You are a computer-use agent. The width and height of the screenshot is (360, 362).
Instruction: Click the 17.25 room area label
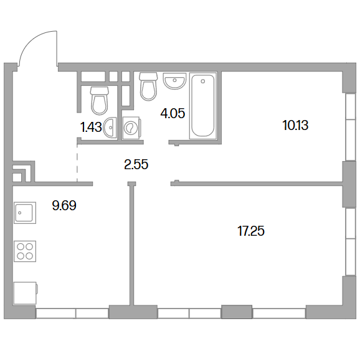click(251, 231)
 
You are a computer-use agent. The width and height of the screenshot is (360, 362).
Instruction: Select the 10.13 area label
click(295, 126)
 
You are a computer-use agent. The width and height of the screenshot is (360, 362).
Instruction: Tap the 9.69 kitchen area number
click(64, 205)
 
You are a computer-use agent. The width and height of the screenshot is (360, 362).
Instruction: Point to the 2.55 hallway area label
click(136, 165)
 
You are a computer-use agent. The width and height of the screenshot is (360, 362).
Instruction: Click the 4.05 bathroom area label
click(173, 114)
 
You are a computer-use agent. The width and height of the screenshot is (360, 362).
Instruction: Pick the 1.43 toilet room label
click(91, 128)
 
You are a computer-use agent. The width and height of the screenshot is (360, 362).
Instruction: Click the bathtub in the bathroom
click(203, 106)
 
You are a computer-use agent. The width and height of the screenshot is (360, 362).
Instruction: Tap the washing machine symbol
click(131, 128)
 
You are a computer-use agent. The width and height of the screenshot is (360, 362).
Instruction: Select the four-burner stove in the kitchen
click(25, 251)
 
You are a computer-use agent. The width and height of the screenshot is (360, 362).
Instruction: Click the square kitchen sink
click(25, 213)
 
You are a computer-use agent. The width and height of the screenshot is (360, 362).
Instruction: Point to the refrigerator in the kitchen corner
click(26, 293)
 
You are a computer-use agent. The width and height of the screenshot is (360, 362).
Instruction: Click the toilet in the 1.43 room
click(100, 101)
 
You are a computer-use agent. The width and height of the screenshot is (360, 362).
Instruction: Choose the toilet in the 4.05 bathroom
click(148, 86)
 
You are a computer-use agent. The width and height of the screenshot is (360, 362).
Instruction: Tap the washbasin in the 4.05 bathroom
click(174, 81)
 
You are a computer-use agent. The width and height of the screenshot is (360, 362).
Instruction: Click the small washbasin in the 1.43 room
click(110, 128)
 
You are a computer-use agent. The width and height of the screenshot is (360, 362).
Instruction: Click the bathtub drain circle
click(203, 81)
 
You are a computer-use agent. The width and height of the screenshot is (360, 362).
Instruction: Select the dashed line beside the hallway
click(77, 163)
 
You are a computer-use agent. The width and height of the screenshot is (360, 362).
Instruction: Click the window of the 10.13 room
click(351, 127)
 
